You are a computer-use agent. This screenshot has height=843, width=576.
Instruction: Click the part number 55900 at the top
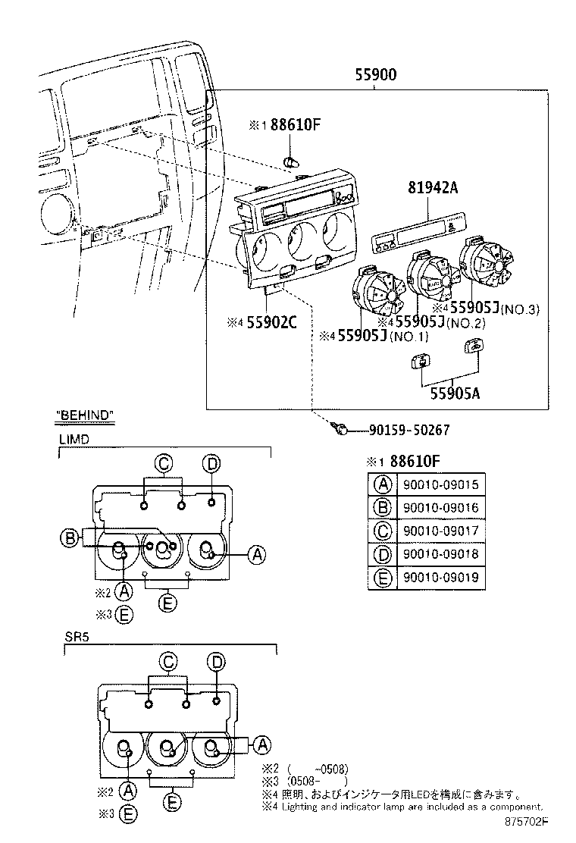[377, 74]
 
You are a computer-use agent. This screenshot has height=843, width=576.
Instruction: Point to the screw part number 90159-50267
[409, 430]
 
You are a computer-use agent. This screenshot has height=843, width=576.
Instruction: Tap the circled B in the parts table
[383, 507]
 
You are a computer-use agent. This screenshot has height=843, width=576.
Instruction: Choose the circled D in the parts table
[383, 555]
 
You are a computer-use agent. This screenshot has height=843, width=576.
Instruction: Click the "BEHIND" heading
[85, 414]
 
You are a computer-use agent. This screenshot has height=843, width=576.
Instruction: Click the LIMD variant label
[74, 439]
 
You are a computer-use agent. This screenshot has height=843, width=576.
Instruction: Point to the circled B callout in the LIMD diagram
[70, 538]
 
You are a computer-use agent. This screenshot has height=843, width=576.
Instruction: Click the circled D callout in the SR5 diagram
[217, 662]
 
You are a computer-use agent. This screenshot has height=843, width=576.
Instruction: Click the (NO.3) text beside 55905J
[518, 309]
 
